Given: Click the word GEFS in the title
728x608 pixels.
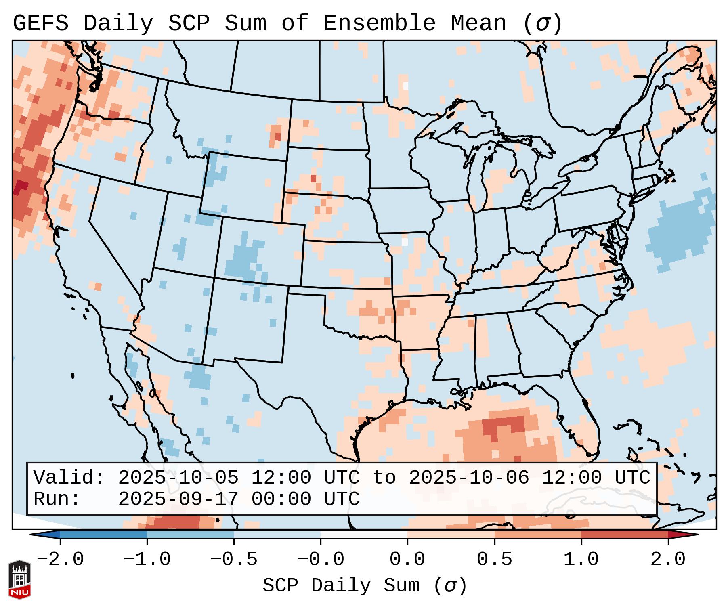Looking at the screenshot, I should [40, 23].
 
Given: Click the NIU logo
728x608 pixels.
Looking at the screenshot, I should [19, 579].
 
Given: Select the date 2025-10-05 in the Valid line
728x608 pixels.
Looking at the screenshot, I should [178, 478].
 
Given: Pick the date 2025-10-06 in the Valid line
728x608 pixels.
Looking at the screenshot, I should [469, 478].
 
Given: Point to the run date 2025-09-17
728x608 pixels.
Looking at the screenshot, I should [178, 499].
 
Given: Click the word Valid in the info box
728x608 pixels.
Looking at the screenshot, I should [67, 478].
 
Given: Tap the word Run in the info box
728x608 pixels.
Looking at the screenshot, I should [55, 499].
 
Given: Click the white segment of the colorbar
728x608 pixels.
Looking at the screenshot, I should [364, 535].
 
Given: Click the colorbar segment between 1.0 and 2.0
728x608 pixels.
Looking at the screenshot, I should [625, 535].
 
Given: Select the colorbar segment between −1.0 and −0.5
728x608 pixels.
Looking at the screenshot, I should [190, 535].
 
